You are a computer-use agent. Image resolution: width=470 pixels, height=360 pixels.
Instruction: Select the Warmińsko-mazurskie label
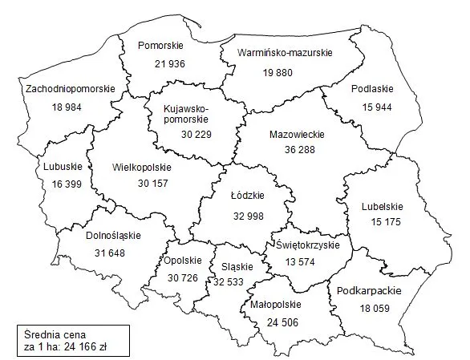coord(285,54)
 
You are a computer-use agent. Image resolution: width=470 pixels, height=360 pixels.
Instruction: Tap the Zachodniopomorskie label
coord(70,88)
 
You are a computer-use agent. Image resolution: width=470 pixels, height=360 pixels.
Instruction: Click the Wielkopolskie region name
coord(143,168)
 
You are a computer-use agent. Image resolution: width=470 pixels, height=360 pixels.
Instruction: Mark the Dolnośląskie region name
coord(112,236)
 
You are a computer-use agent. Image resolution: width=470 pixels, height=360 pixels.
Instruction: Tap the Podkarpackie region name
coord(369,291)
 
